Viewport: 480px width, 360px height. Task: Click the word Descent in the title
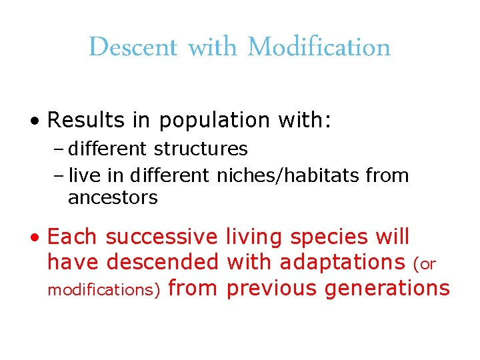(x=133, y=47)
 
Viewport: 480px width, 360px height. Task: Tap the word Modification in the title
(x=319, y=47)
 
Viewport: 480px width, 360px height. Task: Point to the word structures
(x=208, y=149)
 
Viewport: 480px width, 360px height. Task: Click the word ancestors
(x=113, y=197)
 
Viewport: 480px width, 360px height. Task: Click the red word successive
(x=161, y=237)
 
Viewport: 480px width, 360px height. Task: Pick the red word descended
(x=162, y=263)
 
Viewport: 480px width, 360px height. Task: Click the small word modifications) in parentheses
(x=103, y=290)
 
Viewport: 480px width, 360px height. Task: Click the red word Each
(x=73, y=237)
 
